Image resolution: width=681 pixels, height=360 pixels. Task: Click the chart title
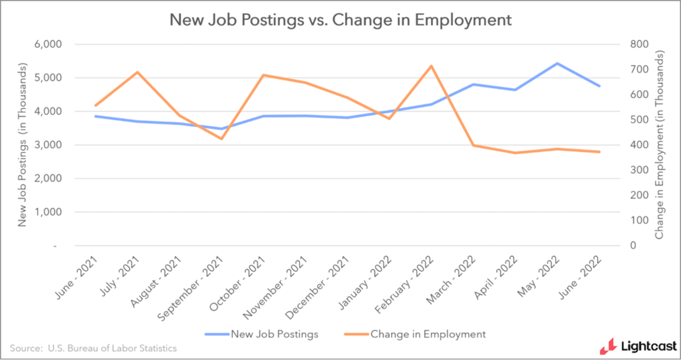340,20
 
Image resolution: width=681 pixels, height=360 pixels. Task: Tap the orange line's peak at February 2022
431,66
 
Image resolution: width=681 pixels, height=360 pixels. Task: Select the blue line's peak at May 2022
557,64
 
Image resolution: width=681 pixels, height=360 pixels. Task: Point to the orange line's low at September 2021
222,139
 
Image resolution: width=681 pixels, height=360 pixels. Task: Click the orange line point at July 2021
138,72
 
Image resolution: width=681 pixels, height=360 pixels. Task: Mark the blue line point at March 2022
473,84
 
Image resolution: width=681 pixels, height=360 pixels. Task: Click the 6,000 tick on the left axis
48,44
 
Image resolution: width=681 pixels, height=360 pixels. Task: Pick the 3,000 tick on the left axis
48,145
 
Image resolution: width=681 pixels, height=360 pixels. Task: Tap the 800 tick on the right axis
639,44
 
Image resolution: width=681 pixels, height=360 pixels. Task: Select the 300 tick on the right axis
639,170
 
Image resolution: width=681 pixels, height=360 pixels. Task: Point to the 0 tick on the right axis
633,245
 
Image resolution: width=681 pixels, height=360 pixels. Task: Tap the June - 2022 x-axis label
580,278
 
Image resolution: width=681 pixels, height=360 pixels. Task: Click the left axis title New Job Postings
22,145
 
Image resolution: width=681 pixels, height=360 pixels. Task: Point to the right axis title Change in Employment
659,145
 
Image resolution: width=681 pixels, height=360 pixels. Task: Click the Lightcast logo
638,346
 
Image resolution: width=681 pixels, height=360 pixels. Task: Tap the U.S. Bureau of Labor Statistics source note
93,348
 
